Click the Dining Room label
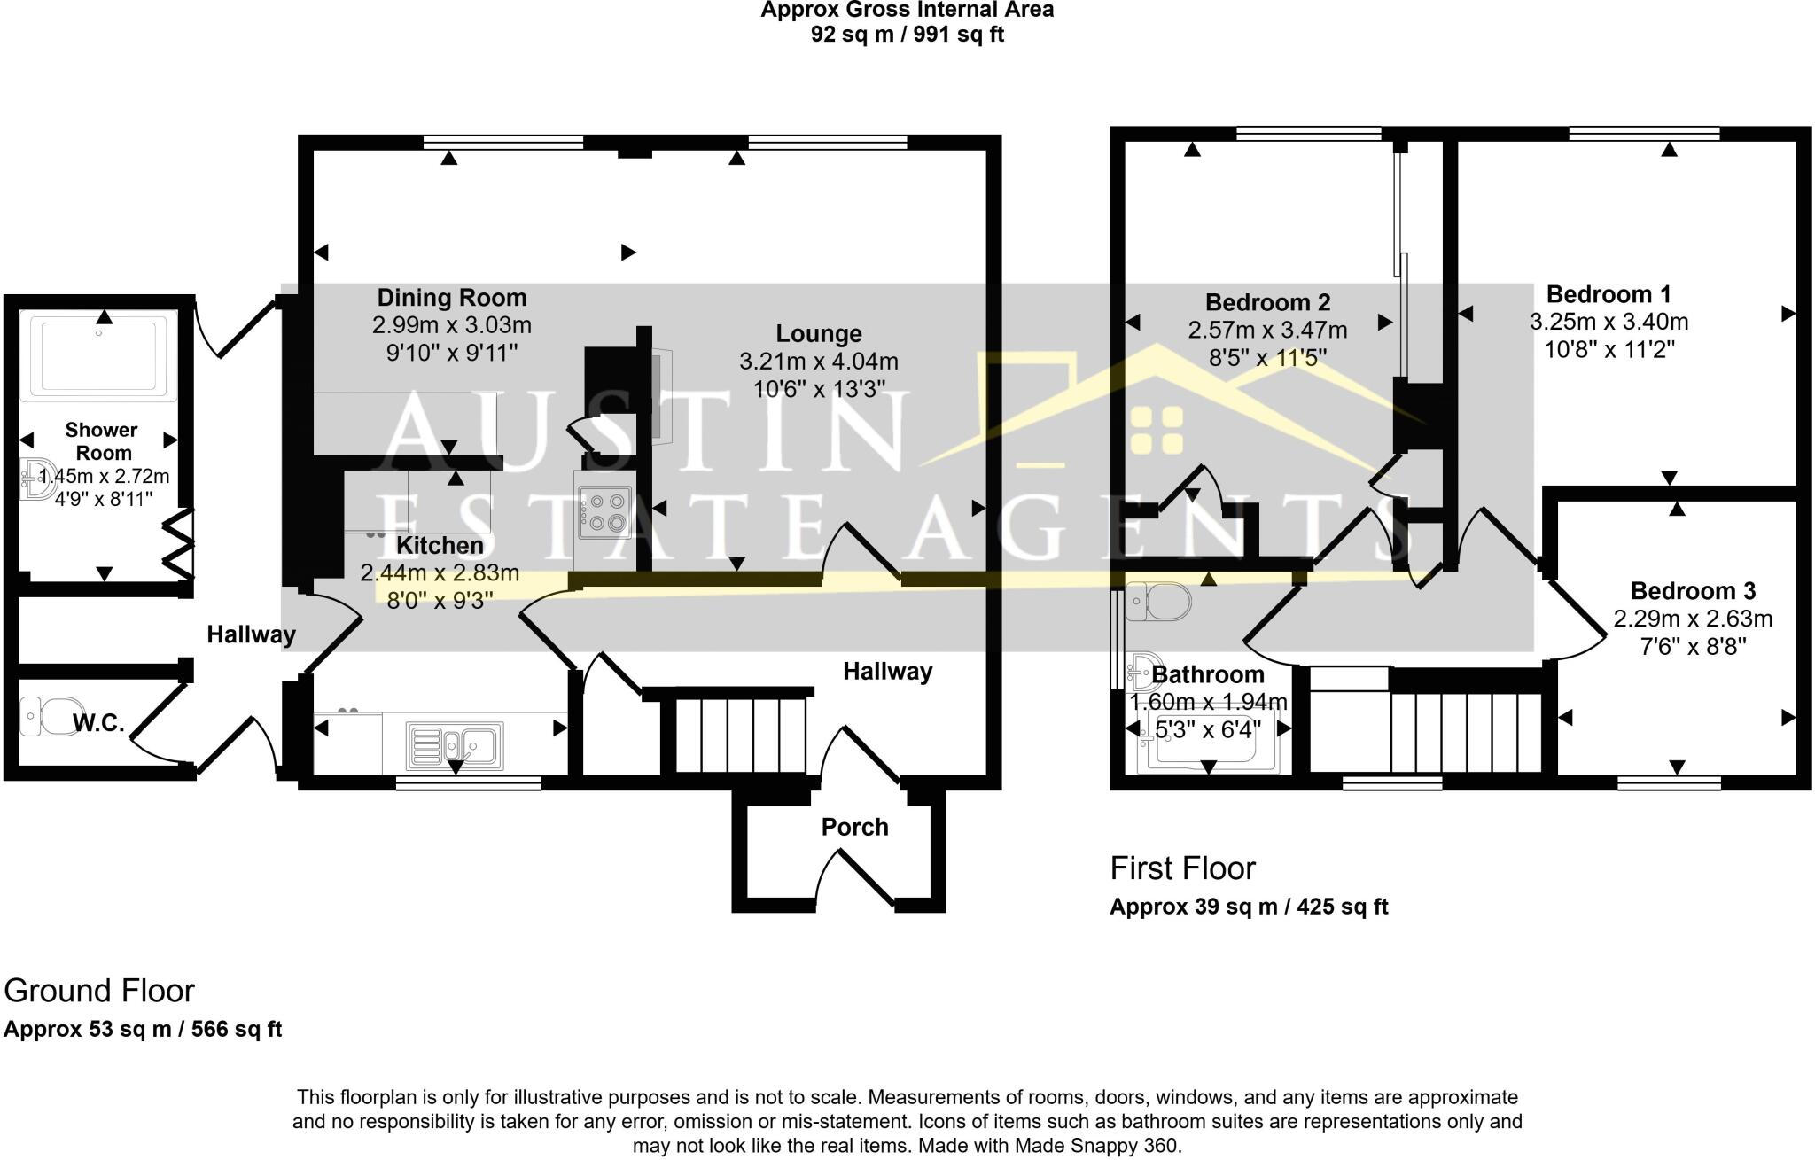coord(452,298)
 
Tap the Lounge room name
coord(819,334)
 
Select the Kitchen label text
coord(440,546)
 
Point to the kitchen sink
coord(455,745)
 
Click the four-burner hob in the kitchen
coord(604,511)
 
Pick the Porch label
coord(854,828)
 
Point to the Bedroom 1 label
coord(1609,294)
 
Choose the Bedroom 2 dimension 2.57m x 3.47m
coord(1267,331)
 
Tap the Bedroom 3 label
coord(1693,591)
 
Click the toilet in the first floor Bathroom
coord(1158,602)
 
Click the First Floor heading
coord(1183,868)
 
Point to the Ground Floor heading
coord(99,991)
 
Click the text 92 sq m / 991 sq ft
coord(907,35)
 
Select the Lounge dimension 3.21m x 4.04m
coord(819,362)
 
